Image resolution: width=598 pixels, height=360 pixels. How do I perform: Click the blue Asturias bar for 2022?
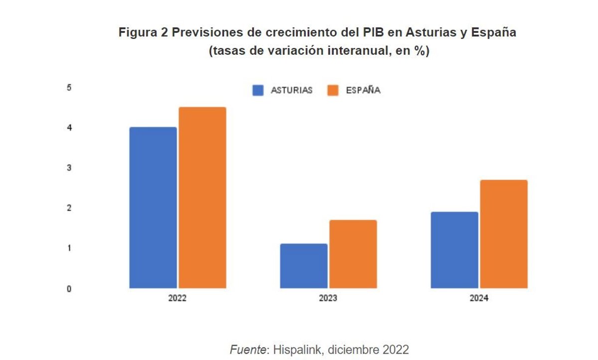(x=153, y=208)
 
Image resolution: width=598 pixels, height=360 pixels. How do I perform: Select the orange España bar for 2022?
(x=202, y=198)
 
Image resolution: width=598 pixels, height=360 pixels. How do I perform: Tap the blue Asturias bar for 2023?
(x=303, y=266)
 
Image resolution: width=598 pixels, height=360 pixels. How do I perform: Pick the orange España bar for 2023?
(x=353, y=254)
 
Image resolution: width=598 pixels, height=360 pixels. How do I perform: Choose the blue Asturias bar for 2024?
(x=454, y=250)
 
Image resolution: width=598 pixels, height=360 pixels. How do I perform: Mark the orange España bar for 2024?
(x=504, y=234)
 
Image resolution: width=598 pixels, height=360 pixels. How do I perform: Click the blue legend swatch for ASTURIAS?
(x=258, y=91)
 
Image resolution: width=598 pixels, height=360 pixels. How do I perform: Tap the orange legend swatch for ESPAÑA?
(x=332, y=91)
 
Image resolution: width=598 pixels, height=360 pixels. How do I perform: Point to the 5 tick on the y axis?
(x=69, y=88)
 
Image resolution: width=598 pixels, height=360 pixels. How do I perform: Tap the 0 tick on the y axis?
(x=69, y=289)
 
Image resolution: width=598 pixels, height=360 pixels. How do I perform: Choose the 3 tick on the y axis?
(x=69, y=168)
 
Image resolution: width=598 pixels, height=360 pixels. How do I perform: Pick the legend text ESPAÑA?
(x=363, y=91)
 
